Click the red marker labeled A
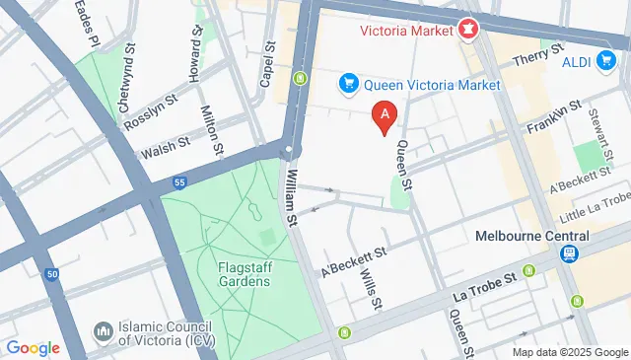[x=386, y=116]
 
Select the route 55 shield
[x=178, y=182]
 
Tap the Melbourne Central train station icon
[x=570, y=254]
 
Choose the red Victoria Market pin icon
[x=466, y=29]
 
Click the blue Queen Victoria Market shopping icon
[x=347, y=85]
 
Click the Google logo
[x=33, y=347]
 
